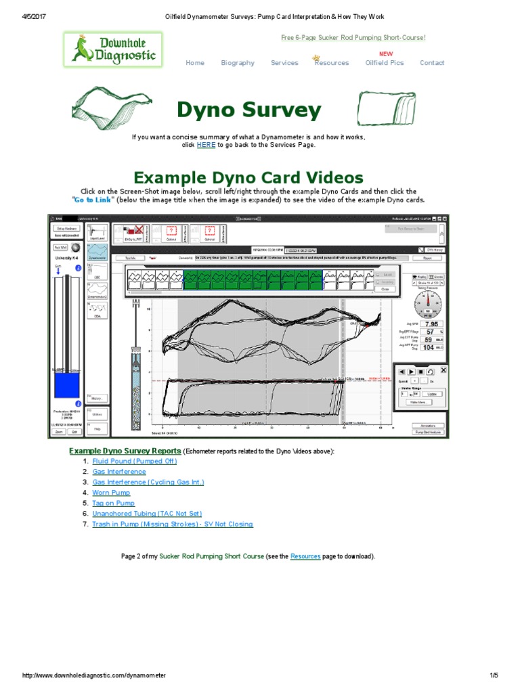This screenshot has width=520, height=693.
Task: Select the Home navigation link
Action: coord(195,63)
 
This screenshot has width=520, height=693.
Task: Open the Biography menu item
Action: coord(238,63)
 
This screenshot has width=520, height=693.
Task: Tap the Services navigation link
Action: coord(284,63)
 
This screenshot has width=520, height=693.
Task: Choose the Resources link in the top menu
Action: coord(332,63)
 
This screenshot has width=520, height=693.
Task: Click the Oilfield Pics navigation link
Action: coord(385,63)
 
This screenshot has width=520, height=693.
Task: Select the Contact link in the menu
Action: coord(432,63)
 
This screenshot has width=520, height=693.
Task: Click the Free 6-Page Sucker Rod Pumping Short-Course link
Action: coord(353,38)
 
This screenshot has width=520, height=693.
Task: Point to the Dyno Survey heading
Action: coord(249,110)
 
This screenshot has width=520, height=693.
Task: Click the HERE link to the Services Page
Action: coord(206,145)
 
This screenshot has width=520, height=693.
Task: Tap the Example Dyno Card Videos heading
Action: coord(248,177)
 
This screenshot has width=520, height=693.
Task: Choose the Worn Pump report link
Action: coord(111,493)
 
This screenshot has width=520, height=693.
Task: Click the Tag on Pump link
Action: coord(113,504)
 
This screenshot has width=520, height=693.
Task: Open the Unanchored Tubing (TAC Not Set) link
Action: coord(147,514)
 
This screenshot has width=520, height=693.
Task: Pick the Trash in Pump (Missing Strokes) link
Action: coord(173,524)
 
